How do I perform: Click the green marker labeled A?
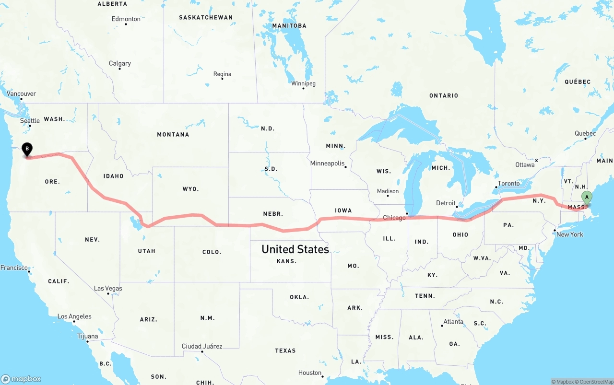[587, 198]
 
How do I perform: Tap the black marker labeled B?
[27, 150]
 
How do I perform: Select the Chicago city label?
[394, 218]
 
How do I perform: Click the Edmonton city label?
[126, 19]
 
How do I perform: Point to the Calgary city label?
[119, 63]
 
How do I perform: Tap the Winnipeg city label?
[303, 83]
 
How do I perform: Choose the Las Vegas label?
[108, 288]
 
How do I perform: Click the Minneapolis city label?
[328, 163]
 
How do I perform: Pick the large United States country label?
[295, 249]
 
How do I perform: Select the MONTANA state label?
[173, 135]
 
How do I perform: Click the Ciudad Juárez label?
[201, 346]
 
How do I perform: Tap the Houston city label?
[309, 373]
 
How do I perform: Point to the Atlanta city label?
[453, 322]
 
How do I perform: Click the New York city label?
[569, 234]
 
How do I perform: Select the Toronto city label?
[508, 184]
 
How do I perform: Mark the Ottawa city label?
[525, 165]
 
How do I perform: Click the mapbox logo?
[22, 378]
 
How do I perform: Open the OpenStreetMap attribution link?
[593, 382]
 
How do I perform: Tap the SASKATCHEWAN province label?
[206, 17]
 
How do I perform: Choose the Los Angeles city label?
[74, 316]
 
